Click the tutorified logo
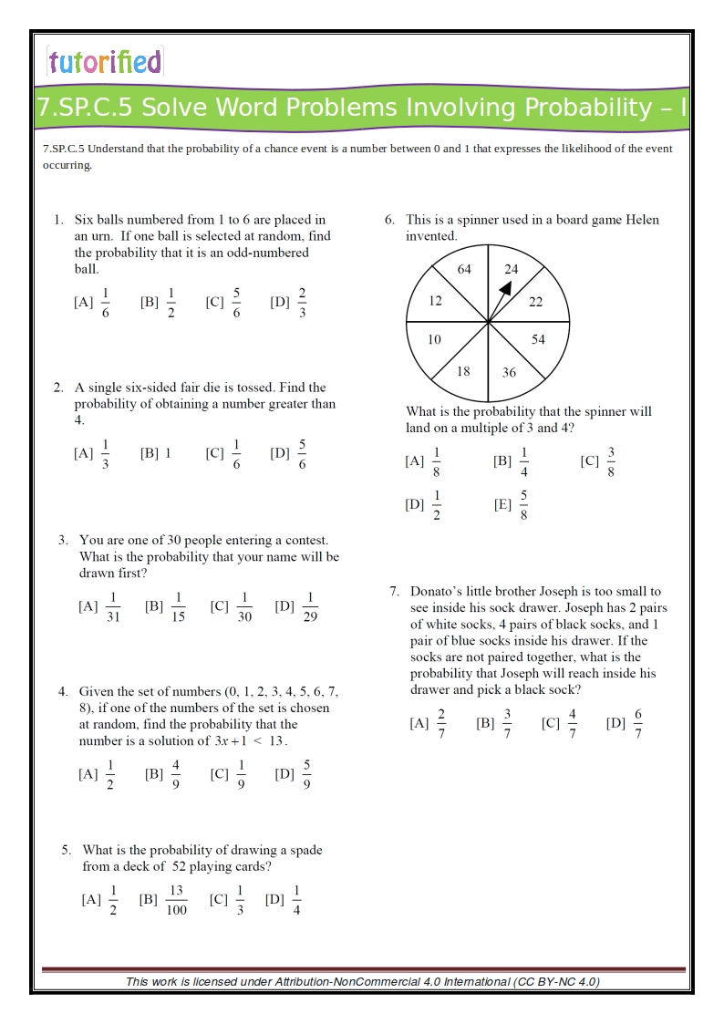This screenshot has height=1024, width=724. coord(105,62)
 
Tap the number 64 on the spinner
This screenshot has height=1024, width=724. coord(464,269)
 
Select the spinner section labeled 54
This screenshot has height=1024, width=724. coord(538,339)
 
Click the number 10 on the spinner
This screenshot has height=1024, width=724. coord(434,339)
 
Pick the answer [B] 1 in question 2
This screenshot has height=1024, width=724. coord(156,452)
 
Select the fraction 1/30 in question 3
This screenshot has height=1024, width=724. coord(244,607)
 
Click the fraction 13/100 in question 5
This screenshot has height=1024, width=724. coord(176,900)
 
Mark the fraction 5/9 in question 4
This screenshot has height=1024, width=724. coord(306,775)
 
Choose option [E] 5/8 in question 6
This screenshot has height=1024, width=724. coord(523,504)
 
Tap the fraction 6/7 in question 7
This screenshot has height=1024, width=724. coord(638,725)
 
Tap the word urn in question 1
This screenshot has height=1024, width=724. coord(93,236)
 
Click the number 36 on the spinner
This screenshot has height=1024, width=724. coord(509,372)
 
